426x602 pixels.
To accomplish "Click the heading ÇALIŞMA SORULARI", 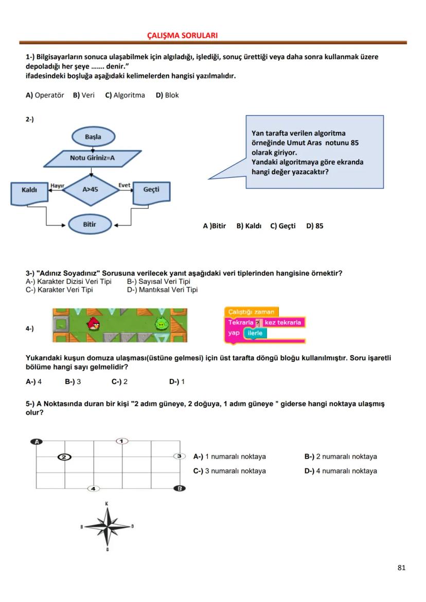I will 182,35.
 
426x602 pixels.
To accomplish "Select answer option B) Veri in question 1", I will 84,95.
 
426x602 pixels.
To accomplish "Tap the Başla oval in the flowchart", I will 93,137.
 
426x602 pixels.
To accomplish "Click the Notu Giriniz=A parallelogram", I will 92,158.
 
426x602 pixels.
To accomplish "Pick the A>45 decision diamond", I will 90,189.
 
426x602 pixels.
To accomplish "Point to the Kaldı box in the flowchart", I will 29,190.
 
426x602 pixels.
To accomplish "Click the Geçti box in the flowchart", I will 151,190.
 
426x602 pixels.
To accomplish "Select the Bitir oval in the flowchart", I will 90,225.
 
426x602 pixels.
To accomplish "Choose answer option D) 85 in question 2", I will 315,226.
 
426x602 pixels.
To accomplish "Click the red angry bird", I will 94,324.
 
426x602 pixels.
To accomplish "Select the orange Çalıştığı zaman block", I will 251,312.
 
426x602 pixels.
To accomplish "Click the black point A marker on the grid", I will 37,441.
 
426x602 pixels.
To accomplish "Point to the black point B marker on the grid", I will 179,488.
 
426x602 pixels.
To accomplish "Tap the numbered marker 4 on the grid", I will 93,488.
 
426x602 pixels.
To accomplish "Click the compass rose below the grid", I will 108,526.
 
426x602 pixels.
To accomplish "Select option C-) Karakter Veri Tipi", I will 59,289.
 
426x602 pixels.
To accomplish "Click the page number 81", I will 401,568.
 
